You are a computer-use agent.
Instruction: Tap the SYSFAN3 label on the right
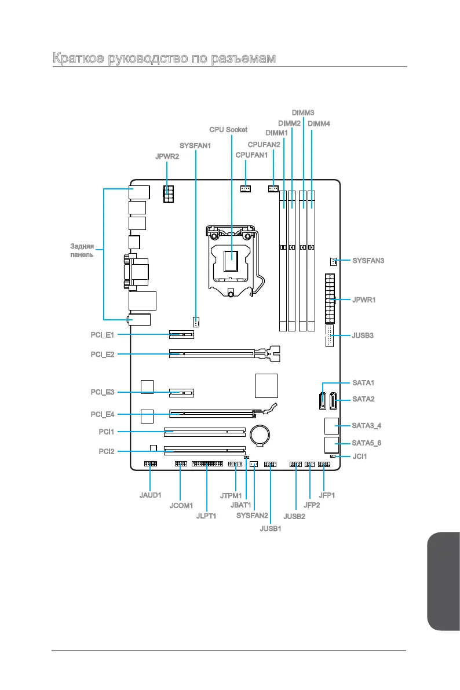368,261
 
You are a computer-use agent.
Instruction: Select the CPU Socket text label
228,129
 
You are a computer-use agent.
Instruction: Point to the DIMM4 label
319,123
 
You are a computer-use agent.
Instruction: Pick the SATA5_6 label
367,443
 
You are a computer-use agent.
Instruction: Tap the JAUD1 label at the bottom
151,495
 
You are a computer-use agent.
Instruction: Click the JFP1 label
327,495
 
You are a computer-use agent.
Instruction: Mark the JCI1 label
360,457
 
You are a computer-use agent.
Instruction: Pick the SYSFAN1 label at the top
195,145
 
